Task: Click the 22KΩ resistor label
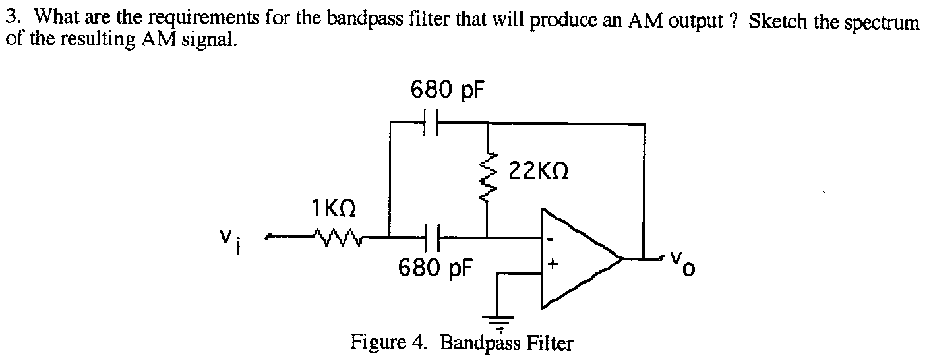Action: pos(539,173)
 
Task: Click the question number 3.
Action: pos(10,18)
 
